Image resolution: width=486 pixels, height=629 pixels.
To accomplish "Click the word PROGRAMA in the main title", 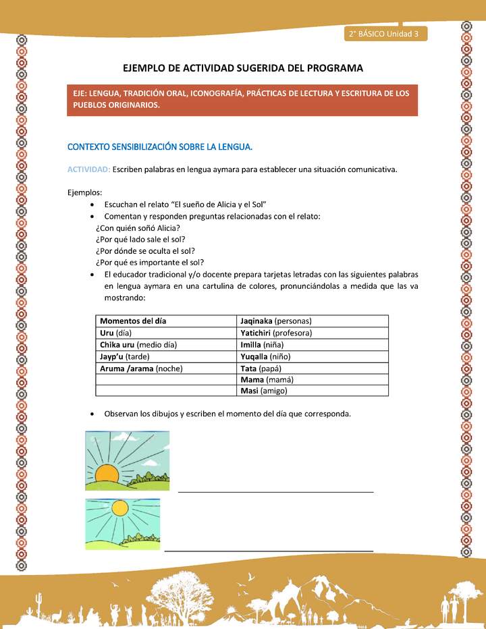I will point(330,68).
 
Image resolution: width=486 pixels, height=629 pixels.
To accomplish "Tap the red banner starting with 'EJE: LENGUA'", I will point(243,99).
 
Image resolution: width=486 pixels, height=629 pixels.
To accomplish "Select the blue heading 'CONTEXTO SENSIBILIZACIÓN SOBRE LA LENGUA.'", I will point(160,146).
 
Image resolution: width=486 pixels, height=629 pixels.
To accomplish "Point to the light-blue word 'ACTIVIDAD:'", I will point(88,169).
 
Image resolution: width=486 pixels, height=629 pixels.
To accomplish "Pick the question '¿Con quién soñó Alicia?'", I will point(133,227).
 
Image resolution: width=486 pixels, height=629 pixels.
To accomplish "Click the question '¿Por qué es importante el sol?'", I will point(150,263).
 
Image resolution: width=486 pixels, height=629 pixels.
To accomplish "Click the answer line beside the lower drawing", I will point(269,550).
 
